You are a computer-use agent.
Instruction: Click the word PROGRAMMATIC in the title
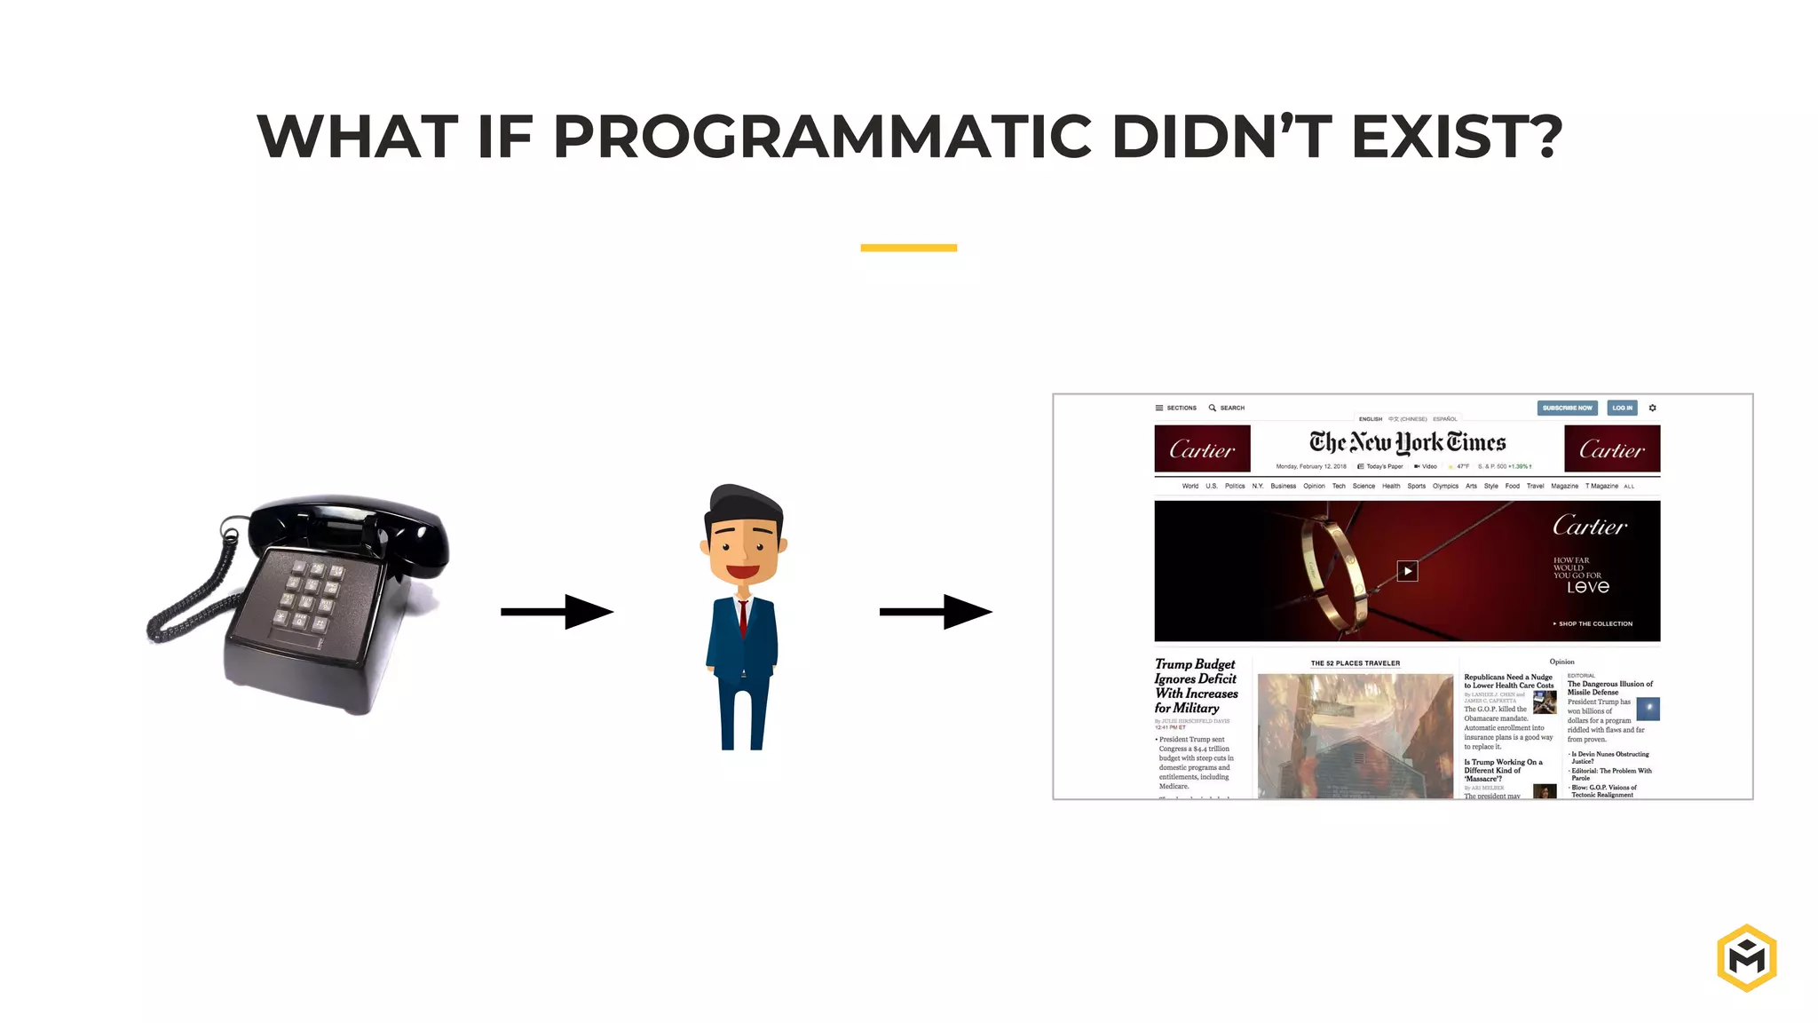pyautogui.click(x=822, y=137)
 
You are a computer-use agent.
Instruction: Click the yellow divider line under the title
pyautogui.click(x=908, y=248)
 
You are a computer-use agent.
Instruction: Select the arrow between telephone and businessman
pyautogui.click(x=557, y=611)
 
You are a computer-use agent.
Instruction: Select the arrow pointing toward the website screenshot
pyautogui.click(x=936, y=611)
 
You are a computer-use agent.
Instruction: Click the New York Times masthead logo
pyautogui.click(x=1407, y=442)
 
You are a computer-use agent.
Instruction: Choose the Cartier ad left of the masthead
pyautogui.click(x=1202, y=449)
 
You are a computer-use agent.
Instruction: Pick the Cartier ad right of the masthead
pyautogui.click(x=1611, y=449)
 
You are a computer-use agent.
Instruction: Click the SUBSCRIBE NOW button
pyautogui.click(x=1567, y=408)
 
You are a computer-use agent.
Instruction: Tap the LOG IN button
pyautogui.click(x=1622, y=408)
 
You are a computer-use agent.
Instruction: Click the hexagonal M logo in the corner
pyautogui.click(x=1746, y=957)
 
